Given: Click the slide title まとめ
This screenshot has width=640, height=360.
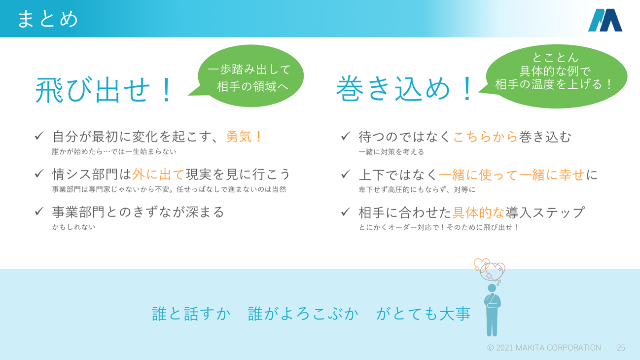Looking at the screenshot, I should coord(48,19).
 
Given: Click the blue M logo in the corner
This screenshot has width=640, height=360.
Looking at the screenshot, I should coord(605,20).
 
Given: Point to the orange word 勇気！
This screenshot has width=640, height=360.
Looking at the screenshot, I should coord(245,137).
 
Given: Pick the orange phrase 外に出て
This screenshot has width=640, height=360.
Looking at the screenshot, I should coord(158,174).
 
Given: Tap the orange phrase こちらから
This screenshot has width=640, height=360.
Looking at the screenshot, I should coord(485,137).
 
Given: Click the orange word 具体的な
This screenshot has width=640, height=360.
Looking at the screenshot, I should coord(478,212).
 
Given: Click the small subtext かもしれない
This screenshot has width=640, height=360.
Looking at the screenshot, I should coord(74,227).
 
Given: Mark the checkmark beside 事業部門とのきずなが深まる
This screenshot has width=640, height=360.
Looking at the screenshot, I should coord(39,212).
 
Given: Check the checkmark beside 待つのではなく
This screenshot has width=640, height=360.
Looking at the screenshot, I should coord(346,136).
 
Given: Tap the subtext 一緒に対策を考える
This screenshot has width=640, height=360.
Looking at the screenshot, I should coord(391,152).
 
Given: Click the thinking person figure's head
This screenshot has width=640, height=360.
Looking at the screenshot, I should coord(492,288).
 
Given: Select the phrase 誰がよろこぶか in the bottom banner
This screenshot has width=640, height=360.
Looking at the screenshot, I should coord(303,314).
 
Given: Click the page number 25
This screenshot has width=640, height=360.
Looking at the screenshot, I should coord(621,348).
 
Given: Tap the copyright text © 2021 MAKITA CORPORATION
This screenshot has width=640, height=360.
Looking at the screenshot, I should coord(544,348).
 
